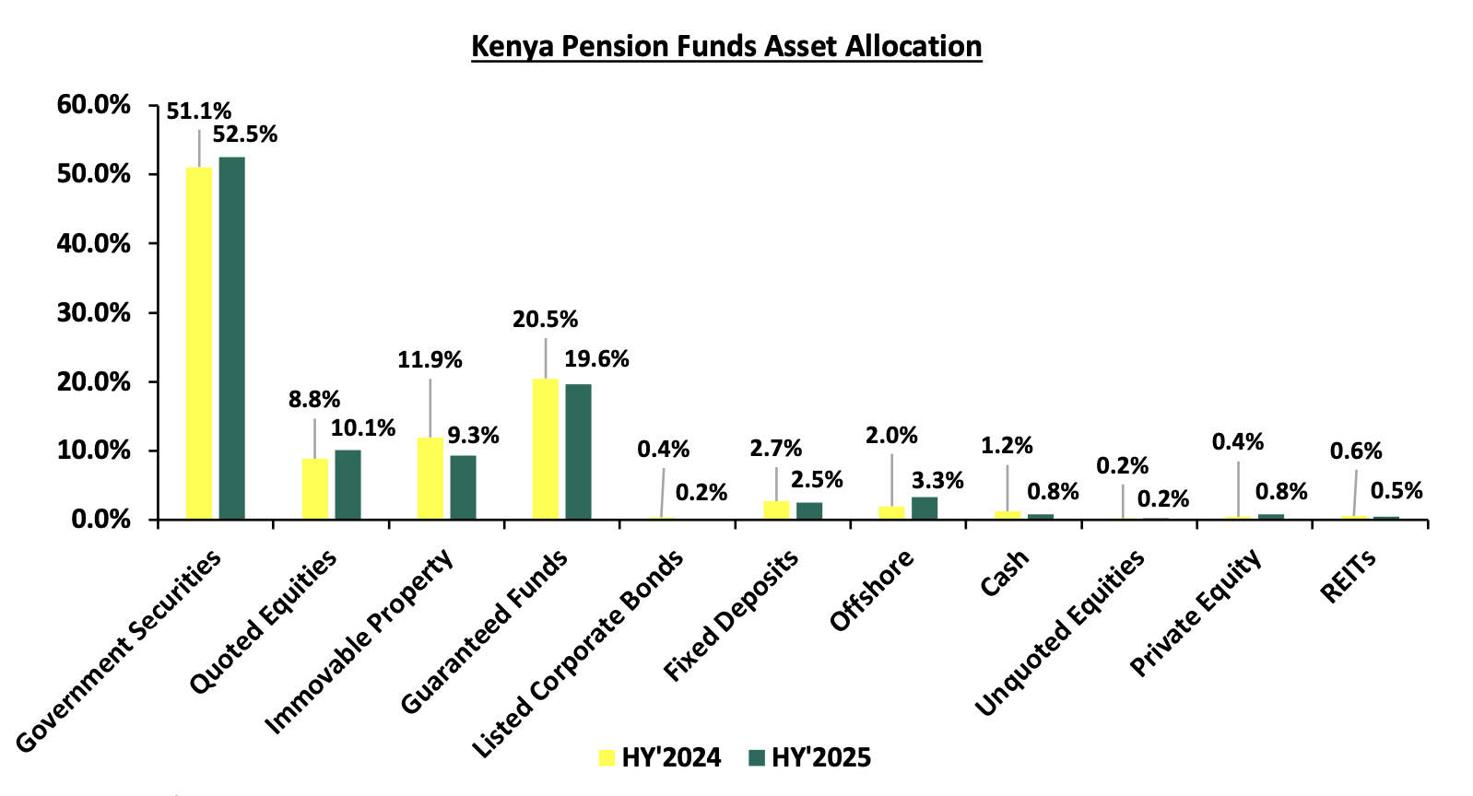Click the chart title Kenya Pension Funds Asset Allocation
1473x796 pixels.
tap(726, 46)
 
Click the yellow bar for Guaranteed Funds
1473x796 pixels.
tap(545, 449)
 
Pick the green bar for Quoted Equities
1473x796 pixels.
tap(348, 485)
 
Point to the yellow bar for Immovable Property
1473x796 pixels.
tap(430, 478)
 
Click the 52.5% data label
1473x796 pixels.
tap(244, 135)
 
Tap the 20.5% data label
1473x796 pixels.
tap(545, 320)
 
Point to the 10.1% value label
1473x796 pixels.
tap(363, 428)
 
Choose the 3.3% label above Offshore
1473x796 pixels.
tap(937, 480)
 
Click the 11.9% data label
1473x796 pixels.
tap(430, 360)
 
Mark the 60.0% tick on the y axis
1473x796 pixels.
tap(94, 105)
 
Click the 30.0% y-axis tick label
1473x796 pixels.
tap(94, 312)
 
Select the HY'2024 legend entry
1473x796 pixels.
tap(660, 757)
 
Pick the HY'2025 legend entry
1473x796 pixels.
tap(810, 757)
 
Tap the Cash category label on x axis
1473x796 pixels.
tap(1005, 572)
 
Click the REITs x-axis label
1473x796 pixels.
tap(1349, 576)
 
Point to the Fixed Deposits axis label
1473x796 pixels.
tap(731, 615)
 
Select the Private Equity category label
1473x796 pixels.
tap(1196, 615)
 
